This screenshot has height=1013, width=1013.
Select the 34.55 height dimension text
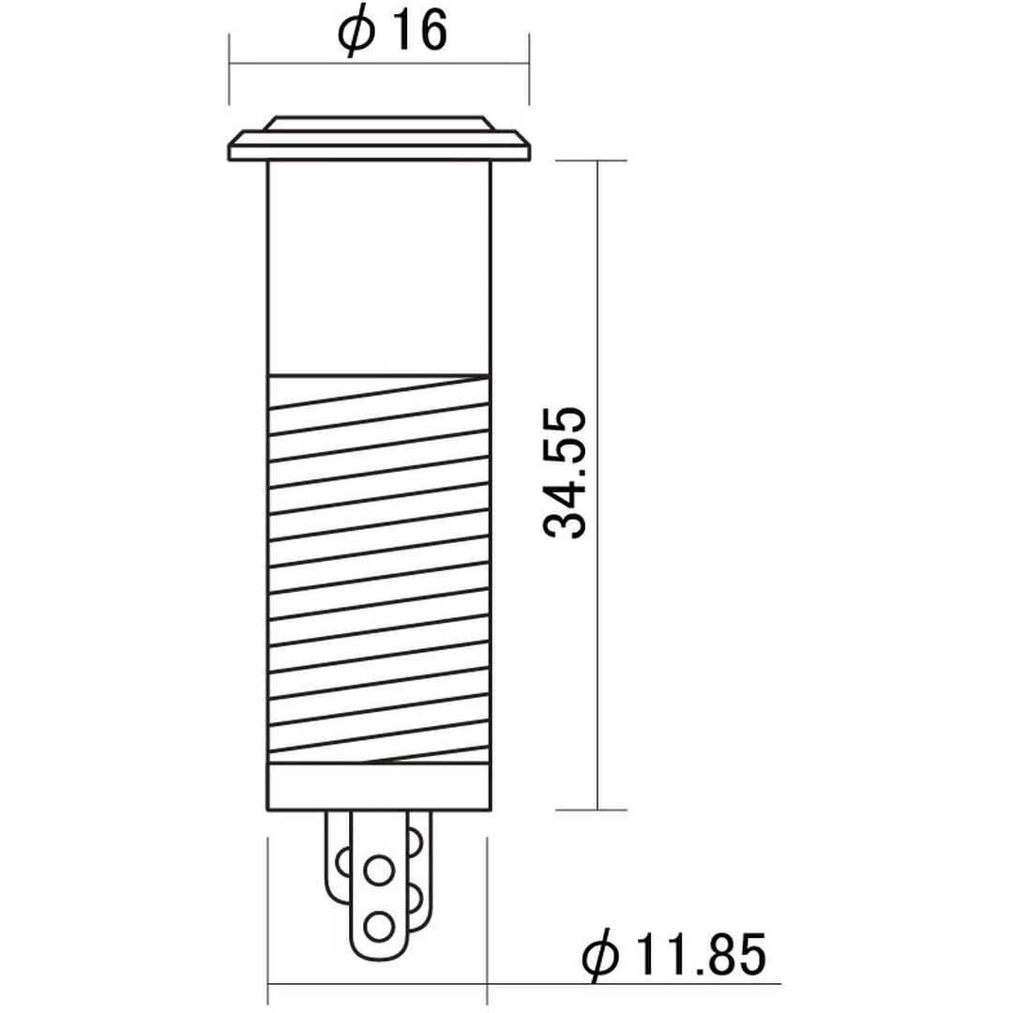coord(566,472)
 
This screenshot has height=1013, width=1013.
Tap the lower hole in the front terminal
coord(379,926)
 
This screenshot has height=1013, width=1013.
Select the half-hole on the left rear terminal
coord(341,860)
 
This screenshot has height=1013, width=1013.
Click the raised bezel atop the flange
coord(379,124)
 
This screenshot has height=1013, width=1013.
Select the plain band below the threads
coord(379,786)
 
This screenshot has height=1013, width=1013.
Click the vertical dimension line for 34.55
coord(597,657)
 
